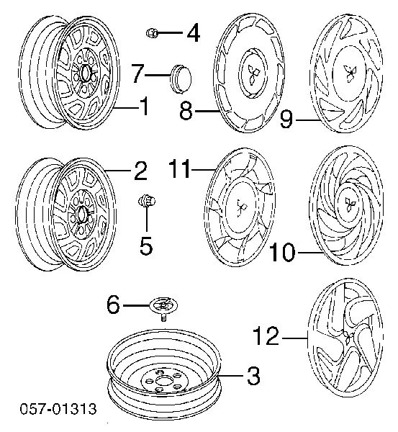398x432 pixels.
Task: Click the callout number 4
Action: (x=194, y=33)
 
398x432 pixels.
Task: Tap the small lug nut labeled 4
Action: (x=151, y=33)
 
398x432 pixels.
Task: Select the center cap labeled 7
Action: (x=181, y=78)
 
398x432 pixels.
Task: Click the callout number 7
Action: (x=137, y=73)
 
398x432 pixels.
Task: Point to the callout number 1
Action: (x=144, y=106)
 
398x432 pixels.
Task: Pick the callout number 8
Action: (x=186, y=110)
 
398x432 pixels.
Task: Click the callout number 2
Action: (x=140, y=171)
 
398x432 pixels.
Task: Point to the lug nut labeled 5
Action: (x=147, y=201)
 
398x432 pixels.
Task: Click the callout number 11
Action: (x=180, y=168)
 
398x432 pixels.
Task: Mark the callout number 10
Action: (x=282, y=252)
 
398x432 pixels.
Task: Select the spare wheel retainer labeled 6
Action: (x=163, y=308)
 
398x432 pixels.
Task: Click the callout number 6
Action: (x=114, y=305)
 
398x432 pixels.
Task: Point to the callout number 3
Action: (x=253, y=376)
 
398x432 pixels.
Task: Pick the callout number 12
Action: (x=266, y=336)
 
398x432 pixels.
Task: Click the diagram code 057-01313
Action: (x=58, y=408)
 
